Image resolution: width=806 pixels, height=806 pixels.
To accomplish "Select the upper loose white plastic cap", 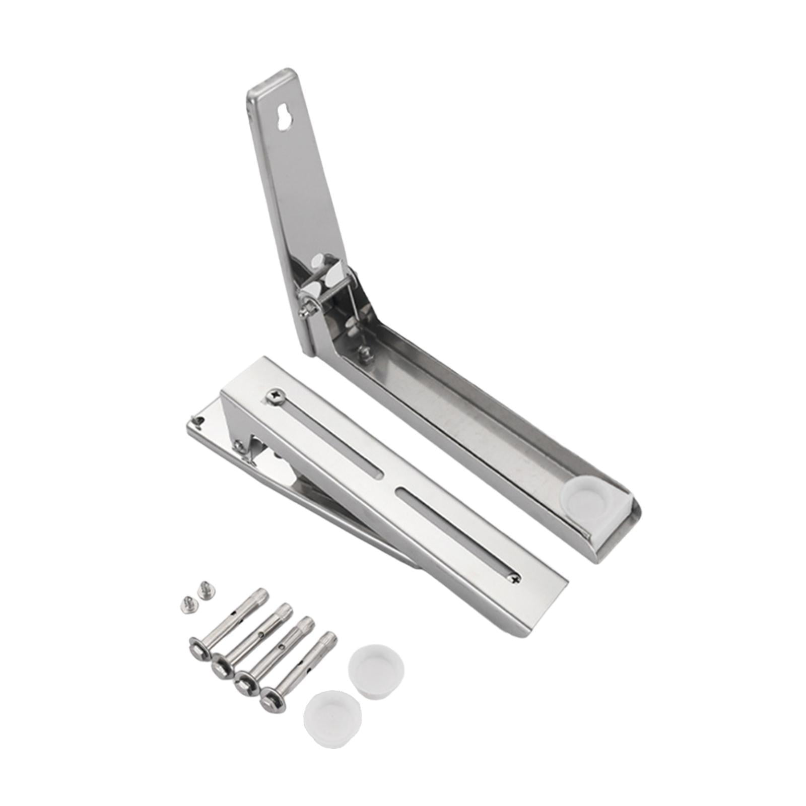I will tap(376, 664).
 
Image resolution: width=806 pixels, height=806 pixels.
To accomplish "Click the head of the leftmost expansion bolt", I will tap(199, 648).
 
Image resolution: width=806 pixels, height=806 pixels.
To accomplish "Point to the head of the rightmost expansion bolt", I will tap(273, 699).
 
